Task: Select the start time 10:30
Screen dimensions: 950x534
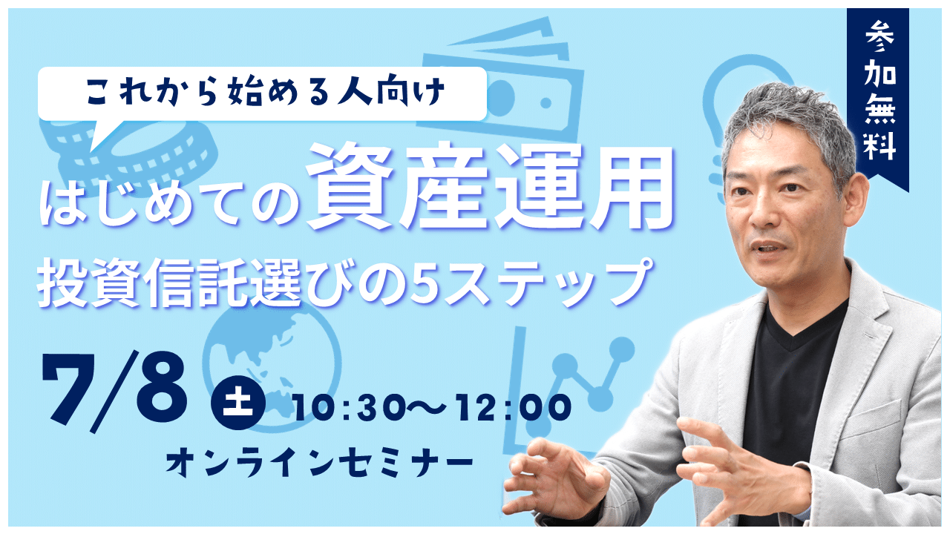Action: point(349,408)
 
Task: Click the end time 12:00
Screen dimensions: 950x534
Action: point(514,408)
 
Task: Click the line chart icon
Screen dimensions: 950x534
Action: point(569,390)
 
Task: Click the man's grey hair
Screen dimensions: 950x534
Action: point(788,123)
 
